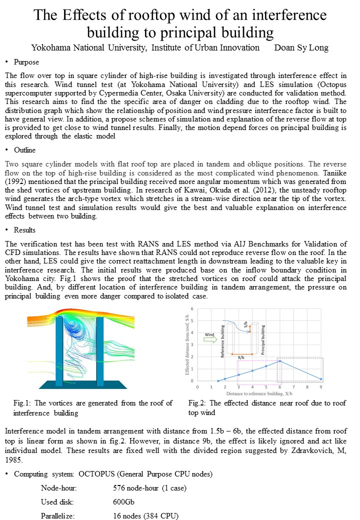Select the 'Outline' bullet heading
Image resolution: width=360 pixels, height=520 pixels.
pyautogui.click(x=24, y=150)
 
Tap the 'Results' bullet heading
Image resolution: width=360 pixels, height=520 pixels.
pyautogui.click(x=24, y=230)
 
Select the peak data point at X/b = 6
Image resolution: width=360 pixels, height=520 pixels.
pyautogui.click(x=279, y=361)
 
